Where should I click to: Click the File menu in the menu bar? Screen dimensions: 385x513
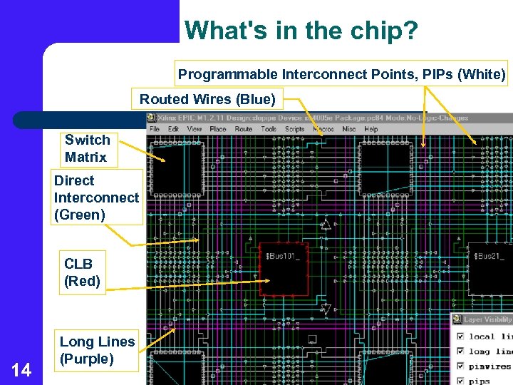tap(155, 129)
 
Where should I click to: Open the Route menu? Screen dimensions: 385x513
tap(244, 129)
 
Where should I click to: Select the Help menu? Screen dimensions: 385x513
tap(371, 129)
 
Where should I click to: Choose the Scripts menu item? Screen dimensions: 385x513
tap(295, 129)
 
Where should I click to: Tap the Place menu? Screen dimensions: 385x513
tap(218, 129)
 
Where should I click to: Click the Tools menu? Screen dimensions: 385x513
tap(269, 129)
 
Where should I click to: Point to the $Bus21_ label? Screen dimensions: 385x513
tap(490, 255)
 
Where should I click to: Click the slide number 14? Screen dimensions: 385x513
tap(21, 369)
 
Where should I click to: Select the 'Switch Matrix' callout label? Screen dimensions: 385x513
tap(87, 148)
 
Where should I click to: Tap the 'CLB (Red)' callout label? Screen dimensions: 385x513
tap(82, 272)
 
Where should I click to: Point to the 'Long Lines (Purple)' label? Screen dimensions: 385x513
tap(97, 350)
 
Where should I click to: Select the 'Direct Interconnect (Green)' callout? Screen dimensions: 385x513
tap(96, 197)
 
